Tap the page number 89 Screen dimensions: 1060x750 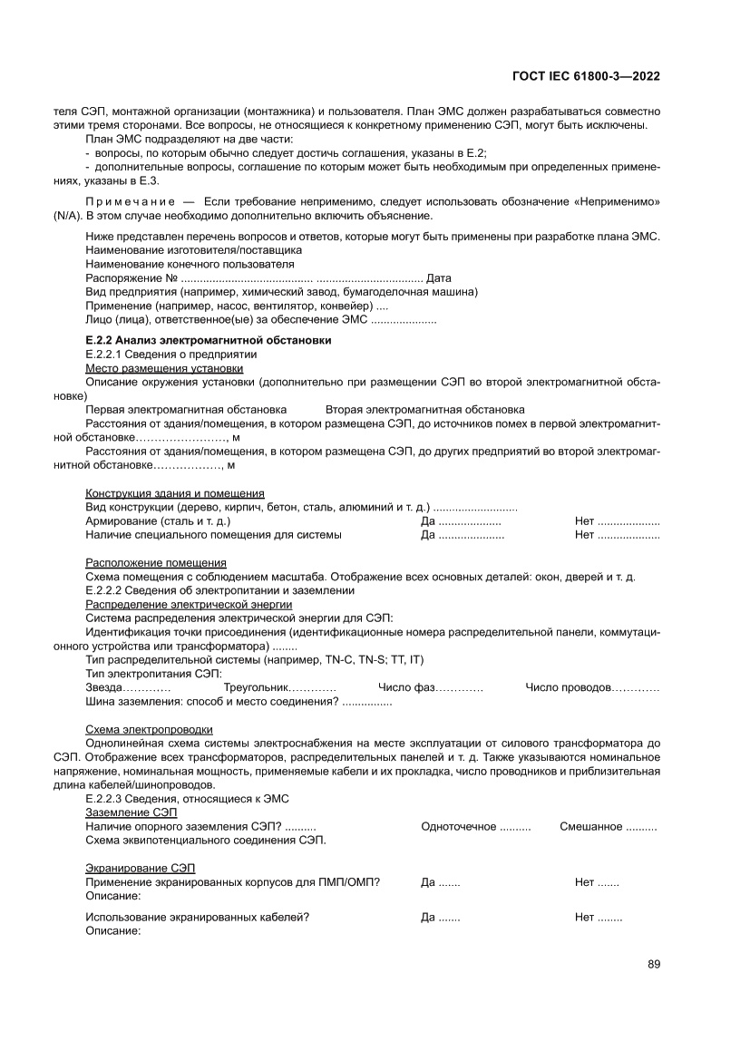(x=653, y=964)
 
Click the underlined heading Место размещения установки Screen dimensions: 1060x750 (x=164, y=369)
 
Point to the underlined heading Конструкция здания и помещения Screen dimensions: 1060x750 (x=174, y=493)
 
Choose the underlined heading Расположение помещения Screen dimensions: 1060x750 (x=156, y=563)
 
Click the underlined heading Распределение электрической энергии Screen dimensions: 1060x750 (x=189, y=604)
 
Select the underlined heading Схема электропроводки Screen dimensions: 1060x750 (x=150, y=729)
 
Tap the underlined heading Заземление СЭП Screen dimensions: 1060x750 (x=131, y=812)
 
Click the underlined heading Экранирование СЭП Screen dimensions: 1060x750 (x=140, y=868)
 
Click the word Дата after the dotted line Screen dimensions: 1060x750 (x=439, y=278)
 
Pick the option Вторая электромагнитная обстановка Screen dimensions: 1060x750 (x=424, y=410)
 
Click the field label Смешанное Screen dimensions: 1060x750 (x=590, y=826)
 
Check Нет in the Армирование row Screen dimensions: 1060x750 (x=584, y=521)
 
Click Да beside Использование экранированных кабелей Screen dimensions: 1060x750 (x=428, y=917)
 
